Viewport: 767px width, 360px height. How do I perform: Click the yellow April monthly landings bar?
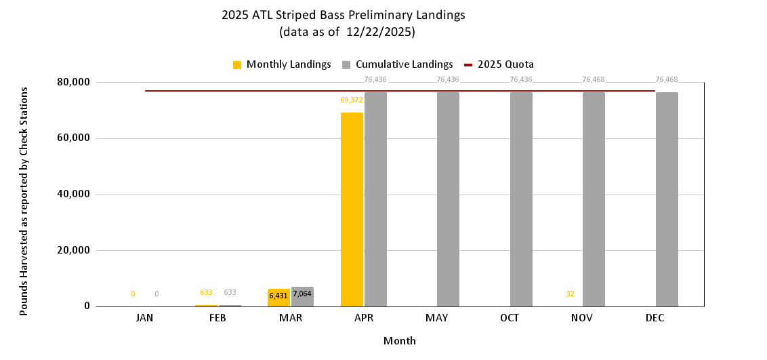(352, 209)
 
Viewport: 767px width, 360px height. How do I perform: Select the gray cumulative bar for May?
(448, 199)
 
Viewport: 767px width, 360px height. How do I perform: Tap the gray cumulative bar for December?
(667, 199)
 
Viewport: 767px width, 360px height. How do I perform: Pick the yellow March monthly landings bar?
(278, 298)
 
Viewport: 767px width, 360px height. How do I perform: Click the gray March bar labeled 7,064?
(302, 297)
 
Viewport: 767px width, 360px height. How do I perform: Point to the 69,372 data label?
(352, 100)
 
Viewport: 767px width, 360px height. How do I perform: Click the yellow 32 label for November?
(570, 294)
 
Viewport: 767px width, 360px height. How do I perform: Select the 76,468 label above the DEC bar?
(666, 79)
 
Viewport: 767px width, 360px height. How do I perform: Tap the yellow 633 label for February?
(206, 293)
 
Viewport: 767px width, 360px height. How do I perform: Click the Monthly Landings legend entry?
(281, 64)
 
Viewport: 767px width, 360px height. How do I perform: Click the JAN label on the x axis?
(145, 318)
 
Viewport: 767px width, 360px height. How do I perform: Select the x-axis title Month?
(400, 340)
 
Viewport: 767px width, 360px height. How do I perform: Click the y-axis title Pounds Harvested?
(24, 201)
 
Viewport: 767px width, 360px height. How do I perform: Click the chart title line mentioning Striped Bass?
(344, 14)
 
